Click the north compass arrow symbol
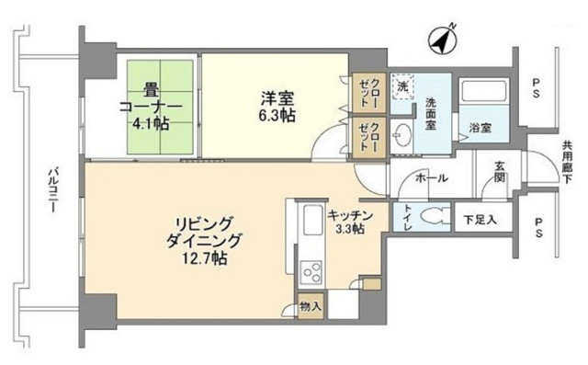tap(443, 40)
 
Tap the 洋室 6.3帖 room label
tap(277, 106)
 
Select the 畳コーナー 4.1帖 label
tap(151, 106)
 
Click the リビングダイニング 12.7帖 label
tap(202, 241)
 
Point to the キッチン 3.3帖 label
tap(350, 222)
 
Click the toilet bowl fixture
tap(435, 217)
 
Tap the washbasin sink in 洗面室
tap(401, 136)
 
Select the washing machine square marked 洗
tap(402, 87)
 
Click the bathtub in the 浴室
tap(483, 91)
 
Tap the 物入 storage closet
tap(311, 306)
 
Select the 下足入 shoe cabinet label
tap(481, 220)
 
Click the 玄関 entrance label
tap(499, 172)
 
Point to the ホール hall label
tap(431, 177)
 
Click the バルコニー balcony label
tap(52, 189)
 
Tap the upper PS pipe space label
tap(537, 87)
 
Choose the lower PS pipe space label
tap(538, 228)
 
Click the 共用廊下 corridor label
tap(567, 162)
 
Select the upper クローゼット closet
tap(368, 93)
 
